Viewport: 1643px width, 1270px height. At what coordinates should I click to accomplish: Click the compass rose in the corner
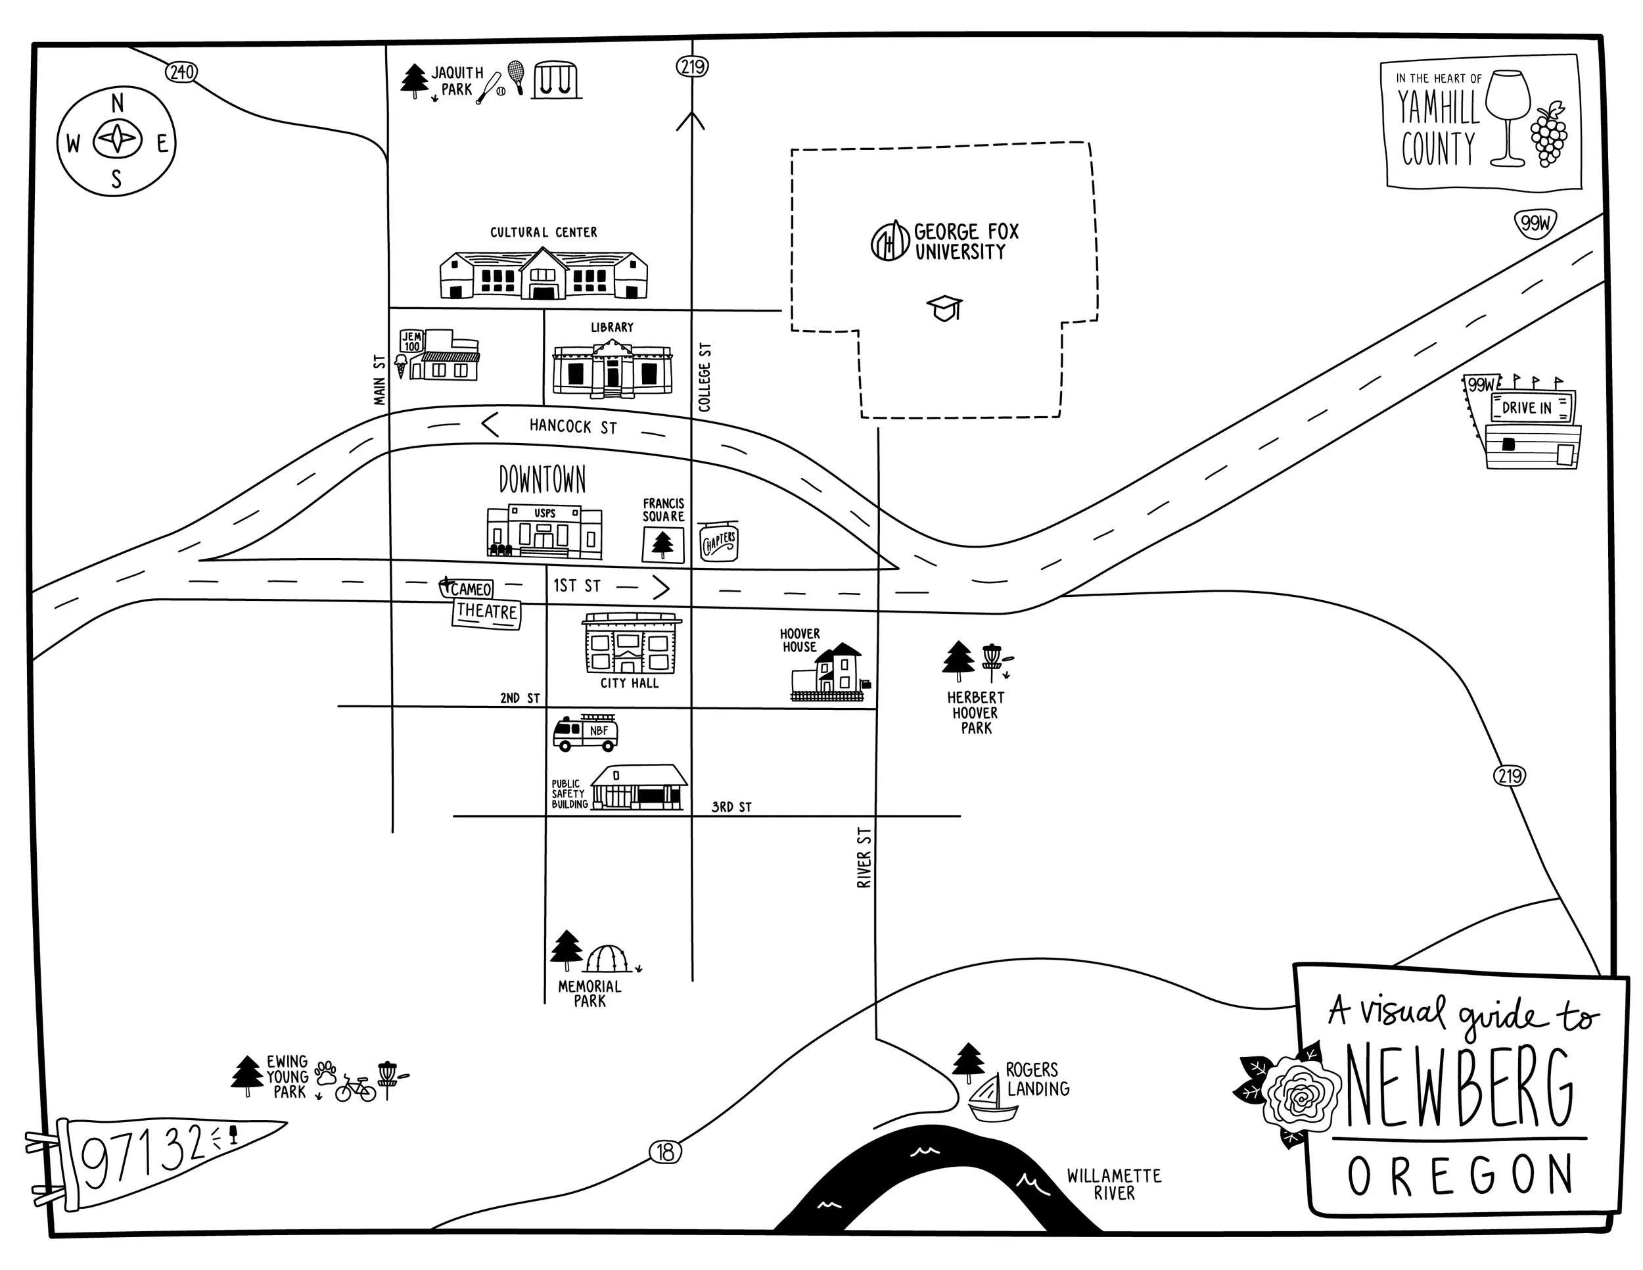click(116, 141)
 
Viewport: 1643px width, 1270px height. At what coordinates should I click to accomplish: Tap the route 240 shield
click(181, 72)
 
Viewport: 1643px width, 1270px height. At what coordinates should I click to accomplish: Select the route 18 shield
click(666, 1152)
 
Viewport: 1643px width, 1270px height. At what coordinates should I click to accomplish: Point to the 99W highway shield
click(1535, 223)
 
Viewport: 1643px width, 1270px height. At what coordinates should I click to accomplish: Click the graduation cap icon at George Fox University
click(945, 308)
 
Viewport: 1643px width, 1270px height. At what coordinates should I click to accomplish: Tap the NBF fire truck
click(586, 732)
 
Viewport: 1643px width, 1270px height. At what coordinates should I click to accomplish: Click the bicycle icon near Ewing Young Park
click(355, 1089)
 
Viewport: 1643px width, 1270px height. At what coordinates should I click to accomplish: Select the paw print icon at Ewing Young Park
click(326, 1071)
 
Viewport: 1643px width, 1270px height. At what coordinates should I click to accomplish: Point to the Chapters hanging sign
click(718, 542)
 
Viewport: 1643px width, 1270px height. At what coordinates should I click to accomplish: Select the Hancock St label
click(573, 427)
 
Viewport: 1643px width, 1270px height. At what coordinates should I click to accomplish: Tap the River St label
click(864, 858)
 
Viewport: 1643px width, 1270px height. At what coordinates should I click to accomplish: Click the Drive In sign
click(1527, 407)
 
